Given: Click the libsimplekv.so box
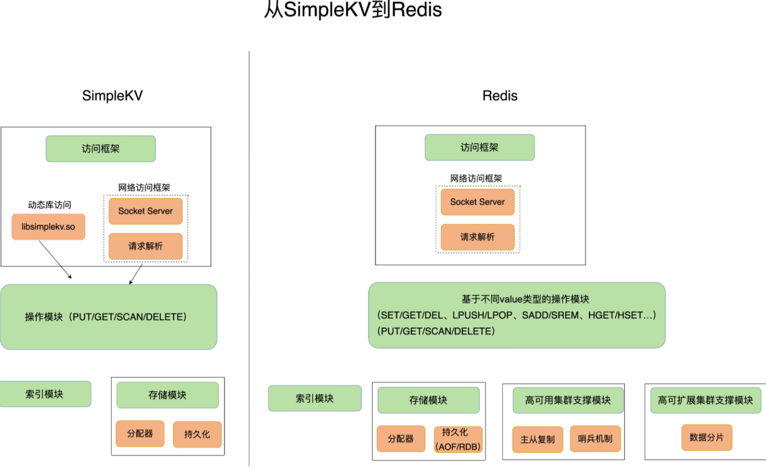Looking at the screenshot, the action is pos(48,227).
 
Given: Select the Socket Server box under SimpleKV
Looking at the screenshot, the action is pos(145,211).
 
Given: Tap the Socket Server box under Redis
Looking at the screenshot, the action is pos(477,202).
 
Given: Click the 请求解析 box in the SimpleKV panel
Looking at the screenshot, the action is pos(145,246).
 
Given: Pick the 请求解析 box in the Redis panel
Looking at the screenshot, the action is pos(477,237).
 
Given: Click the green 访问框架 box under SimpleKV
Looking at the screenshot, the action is pos(101,149).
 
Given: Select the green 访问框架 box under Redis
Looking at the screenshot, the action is pos(480,147).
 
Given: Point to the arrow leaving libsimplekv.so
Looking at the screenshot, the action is pos(55,260).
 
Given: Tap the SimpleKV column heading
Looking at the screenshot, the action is pos(112,96).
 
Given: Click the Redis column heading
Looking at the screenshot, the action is pos(499,96).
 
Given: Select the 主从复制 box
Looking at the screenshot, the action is pos(538,439).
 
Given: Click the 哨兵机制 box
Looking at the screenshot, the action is pos(595,439).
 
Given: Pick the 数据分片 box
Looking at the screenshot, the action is pos(707,438).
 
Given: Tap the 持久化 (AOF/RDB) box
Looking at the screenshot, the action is pos(458,439).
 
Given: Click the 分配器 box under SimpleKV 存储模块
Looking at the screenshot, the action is pos(140,434).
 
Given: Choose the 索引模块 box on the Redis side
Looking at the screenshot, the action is pos(315,398).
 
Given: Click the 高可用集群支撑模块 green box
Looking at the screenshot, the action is pos(569,401).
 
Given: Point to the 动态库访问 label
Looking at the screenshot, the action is pos(50,204).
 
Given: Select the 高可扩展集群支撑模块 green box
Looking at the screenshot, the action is pos(706,401).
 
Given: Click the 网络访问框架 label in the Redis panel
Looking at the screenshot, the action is pos(476,178).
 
